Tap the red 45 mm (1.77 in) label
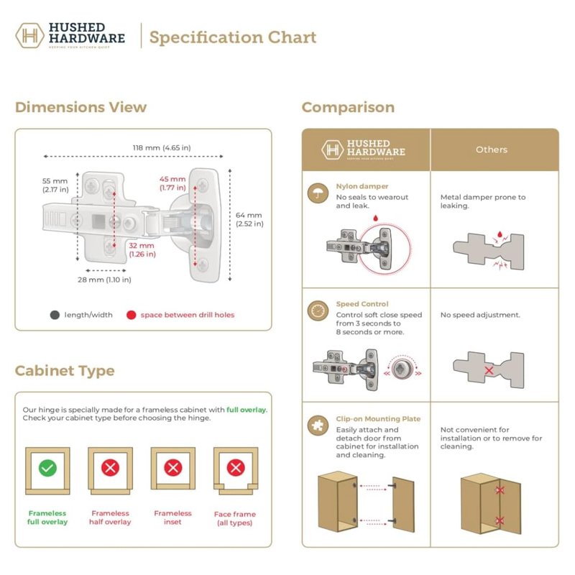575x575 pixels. [x=173, y=183]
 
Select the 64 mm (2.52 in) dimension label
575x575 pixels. [x=249, y=219]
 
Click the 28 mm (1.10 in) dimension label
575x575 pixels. [x=105, y=279]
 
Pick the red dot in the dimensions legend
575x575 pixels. [x=131, y=315]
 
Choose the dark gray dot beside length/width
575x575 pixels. [x=55, y=315]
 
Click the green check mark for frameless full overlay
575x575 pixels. [x=47, y=469]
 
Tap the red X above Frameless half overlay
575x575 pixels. [x=110, y=469]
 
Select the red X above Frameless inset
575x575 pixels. [x=173, y=469]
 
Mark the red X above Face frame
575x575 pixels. [x=236, y=469]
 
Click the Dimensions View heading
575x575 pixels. [x=80, y=108]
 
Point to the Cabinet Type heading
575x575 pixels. [x=65, y=371]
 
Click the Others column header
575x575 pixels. [x=492, y=149]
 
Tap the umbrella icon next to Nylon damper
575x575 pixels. [x=317, y=193]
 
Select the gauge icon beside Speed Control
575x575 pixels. [x=317, y=310]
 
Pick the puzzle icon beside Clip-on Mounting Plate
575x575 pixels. [x=317, y=425]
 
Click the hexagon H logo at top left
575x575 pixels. [x=29, y=36]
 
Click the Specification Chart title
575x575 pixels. [x=233, y=37]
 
